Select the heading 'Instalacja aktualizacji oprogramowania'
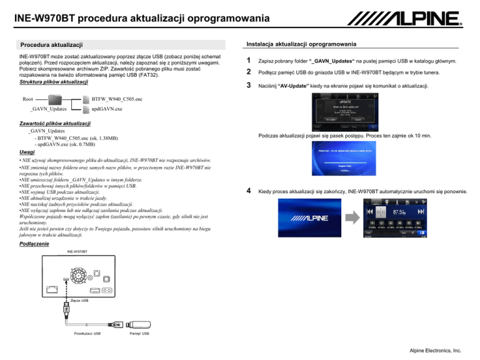[x=302, y=44]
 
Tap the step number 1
[x=250, y=61]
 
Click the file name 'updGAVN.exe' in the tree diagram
[x=107, y=109]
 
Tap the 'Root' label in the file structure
[x=28, y=99]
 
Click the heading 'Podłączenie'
[x=32, y=243]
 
